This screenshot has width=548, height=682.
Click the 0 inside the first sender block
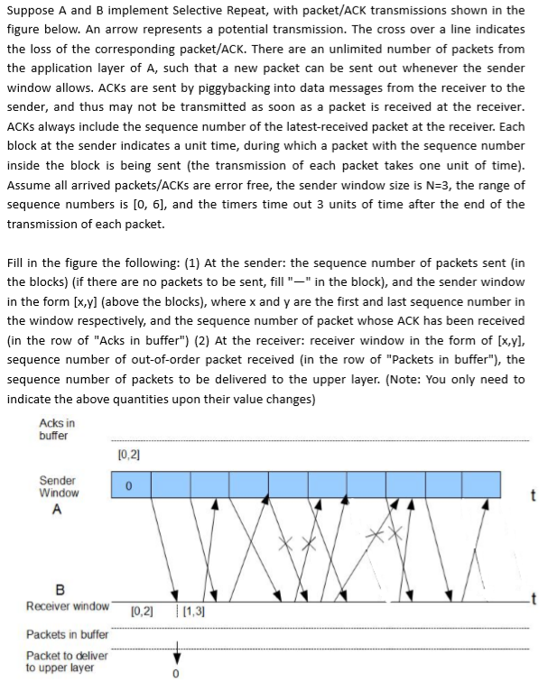coord(129,485)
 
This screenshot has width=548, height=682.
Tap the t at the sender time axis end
coord(534,493)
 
